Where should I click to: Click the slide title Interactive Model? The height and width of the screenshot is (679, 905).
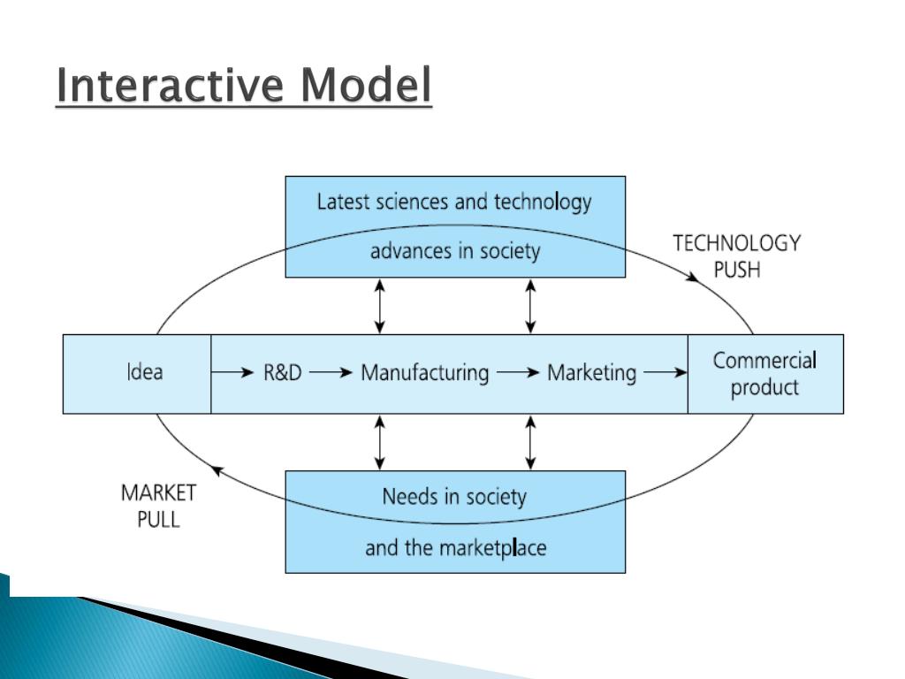244,88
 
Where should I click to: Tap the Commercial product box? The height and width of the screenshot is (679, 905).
764,373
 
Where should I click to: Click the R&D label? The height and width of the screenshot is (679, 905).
282,373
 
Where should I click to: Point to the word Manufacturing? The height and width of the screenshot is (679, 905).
424,373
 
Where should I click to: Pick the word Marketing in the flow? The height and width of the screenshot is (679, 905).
591,373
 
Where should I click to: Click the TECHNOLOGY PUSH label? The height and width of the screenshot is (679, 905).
736,256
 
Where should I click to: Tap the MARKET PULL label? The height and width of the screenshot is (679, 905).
158,506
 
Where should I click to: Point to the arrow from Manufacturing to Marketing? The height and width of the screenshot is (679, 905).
518,373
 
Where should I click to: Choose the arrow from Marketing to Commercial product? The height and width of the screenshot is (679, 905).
665,373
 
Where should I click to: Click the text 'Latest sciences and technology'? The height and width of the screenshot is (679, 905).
454,202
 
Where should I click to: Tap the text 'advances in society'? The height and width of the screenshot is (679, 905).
454,251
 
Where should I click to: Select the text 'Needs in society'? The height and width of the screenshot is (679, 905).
454,496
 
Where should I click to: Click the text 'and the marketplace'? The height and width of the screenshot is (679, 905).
455,548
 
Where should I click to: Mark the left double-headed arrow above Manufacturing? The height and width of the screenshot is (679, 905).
380,306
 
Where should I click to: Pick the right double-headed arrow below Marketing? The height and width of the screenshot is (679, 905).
530,442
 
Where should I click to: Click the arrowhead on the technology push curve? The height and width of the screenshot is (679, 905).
696,275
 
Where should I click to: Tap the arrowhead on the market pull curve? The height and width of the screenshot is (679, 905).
216,473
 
